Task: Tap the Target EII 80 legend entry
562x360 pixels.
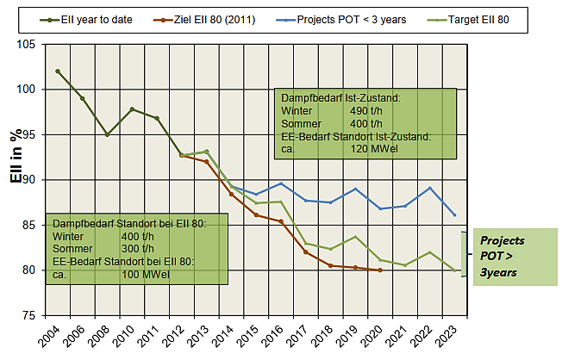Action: (x=497, y=18)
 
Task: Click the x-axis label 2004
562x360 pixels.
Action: (x=51, y=337)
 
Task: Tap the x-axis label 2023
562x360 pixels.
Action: (x=448, y=337)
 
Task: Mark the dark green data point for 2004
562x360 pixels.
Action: (x=58, y=71)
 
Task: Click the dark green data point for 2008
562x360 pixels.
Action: (x=107, y=135)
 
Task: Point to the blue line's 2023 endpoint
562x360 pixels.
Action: (x=455, y=215)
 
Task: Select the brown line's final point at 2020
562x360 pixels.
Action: (x=380, y=270)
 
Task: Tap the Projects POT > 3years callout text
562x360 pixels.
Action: (x=503, y=256)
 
